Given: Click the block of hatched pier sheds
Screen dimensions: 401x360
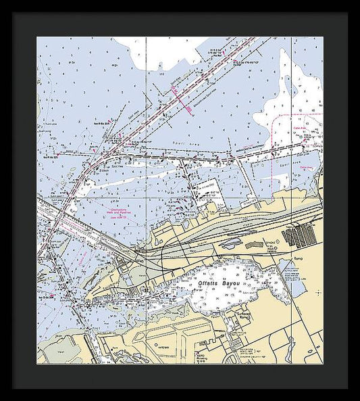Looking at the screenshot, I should pyautogui.click(x=299, y=236).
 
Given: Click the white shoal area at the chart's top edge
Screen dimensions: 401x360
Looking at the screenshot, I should pyautogui.click(x=162, y=51).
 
